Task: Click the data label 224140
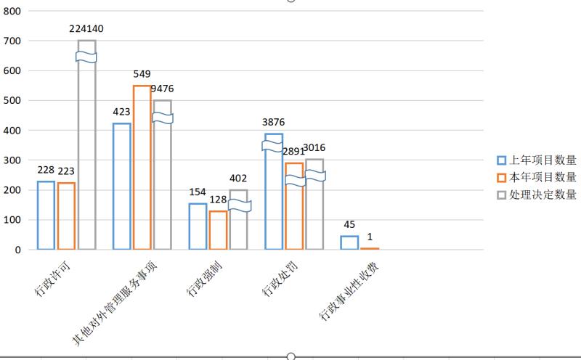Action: [86, 30]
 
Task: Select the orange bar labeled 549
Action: [142, 168]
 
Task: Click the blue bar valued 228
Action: [46, 216]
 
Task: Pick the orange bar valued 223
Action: [66, 216]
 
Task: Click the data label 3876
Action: [275, 122]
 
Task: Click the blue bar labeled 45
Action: [349, 242]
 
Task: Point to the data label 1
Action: [370, 236]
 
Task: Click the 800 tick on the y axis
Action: [12, 11]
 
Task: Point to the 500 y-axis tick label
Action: [12, 101]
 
